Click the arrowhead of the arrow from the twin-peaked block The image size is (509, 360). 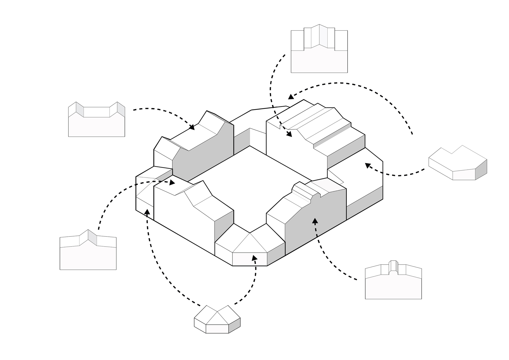click(x=192, y=127)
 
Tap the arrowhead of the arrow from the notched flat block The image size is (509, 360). click(x=367, y=165)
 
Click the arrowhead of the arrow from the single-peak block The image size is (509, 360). click(x=172, y=183)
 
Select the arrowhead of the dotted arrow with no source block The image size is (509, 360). click(x=291, y=96)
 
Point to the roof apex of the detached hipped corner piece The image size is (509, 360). click(x=217, y=311)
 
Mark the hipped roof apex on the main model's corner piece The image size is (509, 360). click(x=250, y=233)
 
